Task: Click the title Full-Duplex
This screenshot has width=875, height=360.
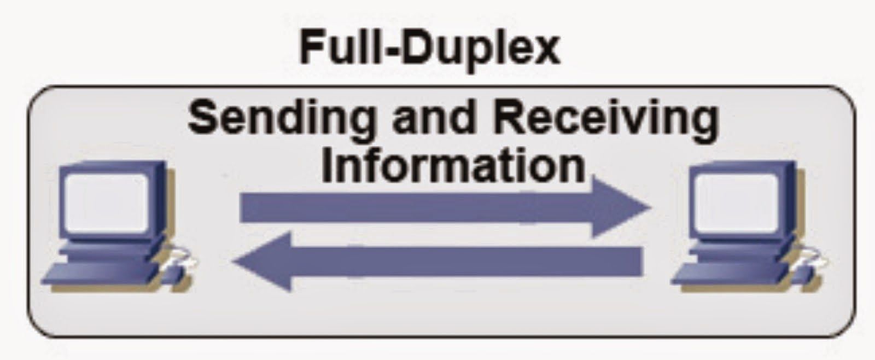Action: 430,49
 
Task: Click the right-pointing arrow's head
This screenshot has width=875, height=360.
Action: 623,207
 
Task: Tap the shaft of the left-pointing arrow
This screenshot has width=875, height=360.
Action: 465,262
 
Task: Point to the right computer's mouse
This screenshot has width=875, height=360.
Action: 809,259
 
